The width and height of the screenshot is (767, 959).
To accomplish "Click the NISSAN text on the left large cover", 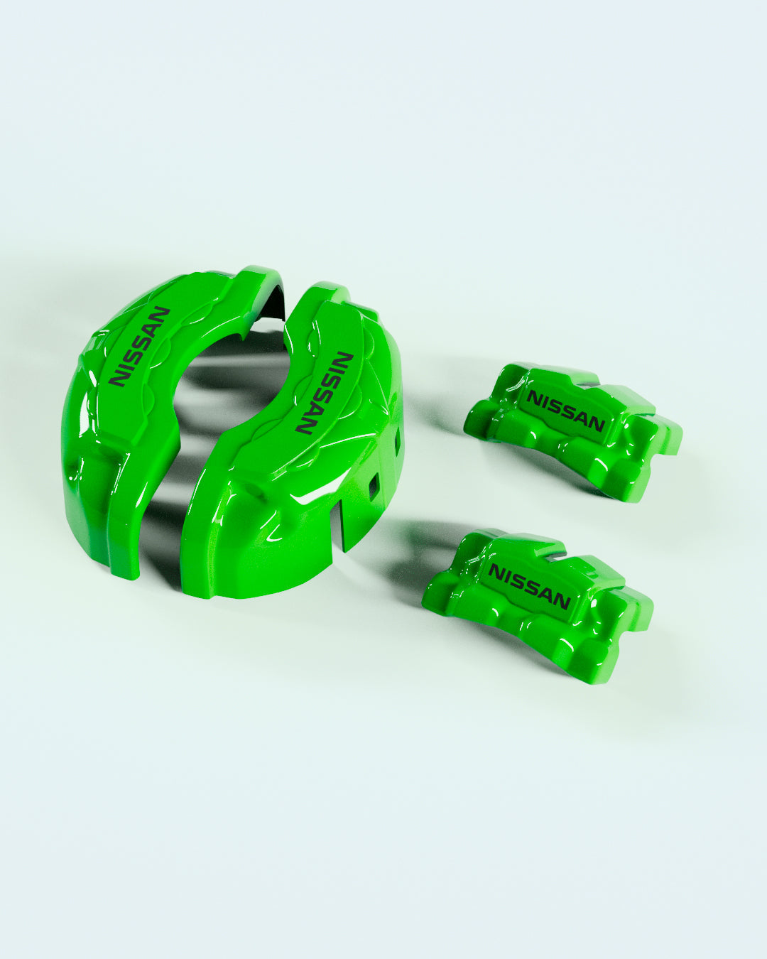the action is pos(140,346).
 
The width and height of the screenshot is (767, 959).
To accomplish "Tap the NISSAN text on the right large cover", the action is pos(325,393).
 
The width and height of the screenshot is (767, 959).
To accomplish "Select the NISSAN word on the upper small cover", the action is pos(566,410).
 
